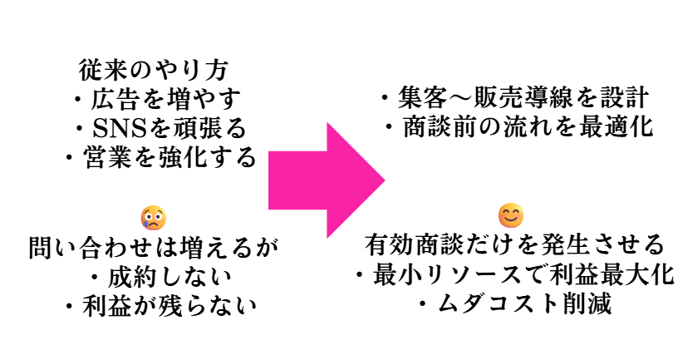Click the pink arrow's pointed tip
coord(383,179)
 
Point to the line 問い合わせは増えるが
coord(153,247)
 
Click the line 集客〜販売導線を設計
coord(514,98)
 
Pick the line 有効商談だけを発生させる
coord(515,245)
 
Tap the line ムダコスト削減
coord(515,304)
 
